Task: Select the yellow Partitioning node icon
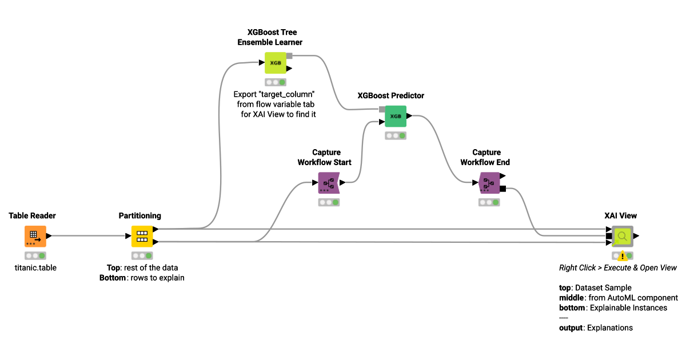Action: click(142, 236)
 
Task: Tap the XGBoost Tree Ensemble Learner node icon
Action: click(275, 63)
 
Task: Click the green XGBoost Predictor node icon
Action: click(396, 116)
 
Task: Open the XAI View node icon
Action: click(623, 235)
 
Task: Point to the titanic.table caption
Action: click(36, 267)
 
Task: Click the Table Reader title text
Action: click(33, 216)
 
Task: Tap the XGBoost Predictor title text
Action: click(391, 95)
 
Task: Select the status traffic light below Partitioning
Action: click(142, 255)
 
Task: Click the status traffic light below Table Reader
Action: click(35, 255)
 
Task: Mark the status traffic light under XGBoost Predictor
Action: click(396, 135)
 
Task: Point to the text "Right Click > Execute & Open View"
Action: click(618, 267)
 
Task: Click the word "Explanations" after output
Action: click(610, 328)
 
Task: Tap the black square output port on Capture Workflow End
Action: click(502, 189)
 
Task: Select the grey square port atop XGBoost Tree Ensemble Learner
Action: click(289, 56)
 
